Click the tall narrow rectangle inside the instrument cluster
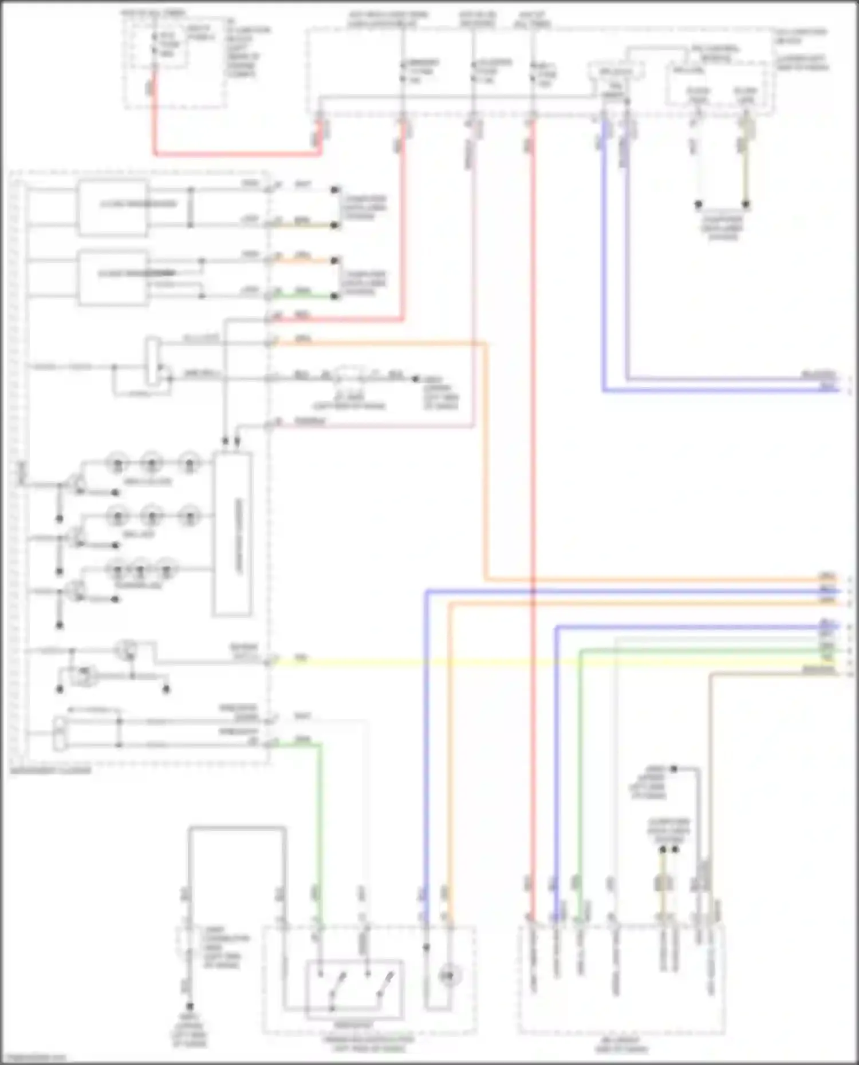pos(232,535)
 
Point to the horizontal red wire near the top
pos(235,153)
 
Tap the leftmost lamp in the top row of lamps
pos(117,462)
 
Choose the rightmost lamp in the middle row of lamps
pos(189,516)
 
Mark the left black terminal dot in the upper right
pos(698,204)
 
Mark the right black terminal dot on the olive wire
pos(746,204)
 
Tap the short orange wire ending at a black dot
pos(304,261)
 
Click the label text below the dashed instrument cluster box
pos(50,771)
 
